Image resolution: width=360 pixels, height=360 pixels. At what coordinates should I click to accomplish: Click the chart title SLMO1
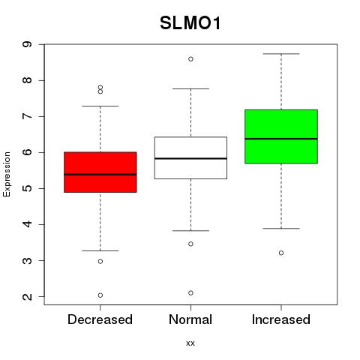coord(190,23)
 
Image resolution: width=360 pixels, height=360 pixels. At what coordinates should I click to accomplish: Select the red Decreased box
coord(100,172)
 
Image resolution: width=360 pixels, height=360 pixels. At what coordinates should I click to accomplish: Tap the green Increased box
coord(281,136)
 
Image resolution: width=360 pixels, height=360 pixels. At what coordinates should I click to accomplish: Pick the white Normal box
coord(190,157)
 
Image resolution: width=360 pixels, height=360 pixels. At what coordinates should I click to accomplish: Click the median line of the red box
coord(100,175)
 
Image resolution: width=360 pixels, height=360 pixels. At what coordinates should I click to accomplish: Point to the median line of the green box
coord(281,139)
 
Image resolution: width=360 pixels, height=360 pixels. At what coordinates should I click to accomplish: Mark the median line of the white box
coord(190,158)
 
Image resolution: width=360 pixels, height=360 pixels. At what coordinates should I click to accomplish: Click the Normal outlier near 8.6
coord(190,59)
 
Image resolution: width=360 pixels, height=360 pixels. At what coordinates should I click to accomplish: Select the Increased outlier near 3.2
coord(281,253)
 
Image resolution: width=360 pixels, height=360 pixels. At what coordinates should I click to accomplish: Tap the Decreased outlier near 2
coord(100,295)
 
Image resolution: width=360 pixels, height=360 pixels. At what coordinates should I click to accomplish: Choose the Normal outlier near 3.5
coord(190,244)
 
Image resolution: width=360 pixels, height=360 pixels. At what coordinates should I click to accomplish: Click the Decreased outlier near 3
coord(100,262)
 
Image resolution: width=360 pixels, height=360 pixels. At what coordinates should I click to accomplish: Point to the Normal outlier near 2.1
coord(190,292)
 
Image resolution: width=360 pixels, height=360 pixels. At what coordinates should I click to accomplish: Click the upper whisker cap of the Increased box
coord(281,54)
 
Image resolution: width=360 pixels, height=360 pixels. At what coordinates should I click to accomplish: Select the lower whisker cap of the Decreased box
coord(100,250)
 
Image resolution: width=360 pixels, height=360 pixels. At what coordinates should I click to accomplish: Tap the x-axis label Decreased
coord(100,319)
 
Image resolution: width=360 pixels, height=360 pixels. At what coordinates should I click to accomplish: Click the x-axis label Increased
coord(281,319)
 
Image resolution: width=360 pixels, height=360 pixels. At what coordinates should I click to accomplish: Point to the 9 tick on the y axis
coord(27,44)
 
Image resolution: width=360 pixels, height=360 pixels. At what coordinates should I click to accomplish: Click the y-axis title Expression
coord(7,174)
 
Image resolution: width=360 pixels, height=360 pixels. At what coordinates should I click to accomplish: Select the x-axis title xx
coord(190,343)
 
